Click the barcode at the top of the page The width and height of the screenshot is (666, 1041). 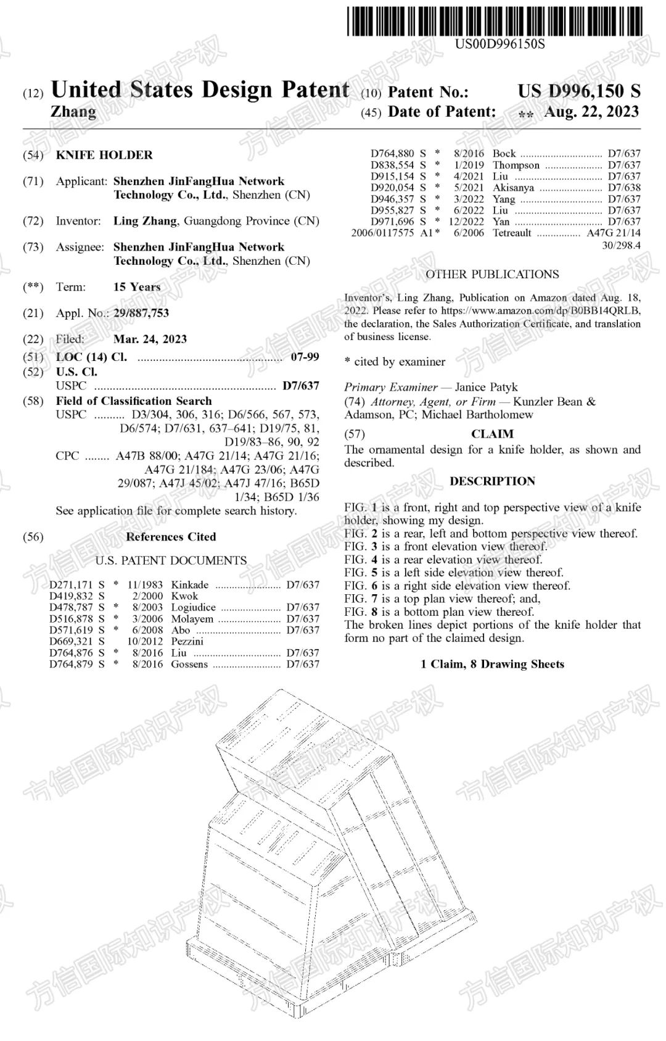[493, 20]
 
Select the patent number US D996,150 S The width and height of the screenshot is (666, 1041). [578, 91]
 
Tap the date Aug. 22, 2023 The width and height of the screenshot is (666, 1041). [591, 112]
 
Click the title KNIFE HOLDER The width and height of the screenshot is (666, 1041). [104, 155]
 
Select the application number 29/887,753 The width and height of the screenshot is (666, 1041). [141, 313]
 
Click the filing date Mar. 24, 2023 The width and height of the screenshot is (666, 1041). [150, 339]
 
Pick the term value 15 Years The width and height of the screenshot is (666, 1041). [137, 287]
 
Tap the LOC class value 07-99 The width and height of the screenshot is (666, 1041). [305, 357]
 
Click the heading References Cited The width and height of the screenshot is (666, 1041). [171, 537]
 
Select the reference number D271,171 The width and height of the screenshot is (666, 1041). [71, 585]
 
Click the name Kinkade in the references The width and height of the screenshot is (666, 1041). [190, 585]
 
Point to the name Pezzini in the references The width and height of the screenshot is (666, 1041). [187, 641]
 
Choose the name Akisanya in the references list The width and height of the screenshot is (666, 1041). [513, 188]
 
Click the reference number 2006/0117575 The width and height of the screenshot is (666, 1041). [382, 233]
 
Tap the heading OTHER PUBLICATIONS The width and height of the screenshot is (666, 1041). [492, 275]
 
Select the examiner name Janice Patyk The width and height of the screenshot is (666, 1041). [486, 388]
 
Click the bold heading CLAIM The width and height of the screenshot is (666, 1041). [492, 434]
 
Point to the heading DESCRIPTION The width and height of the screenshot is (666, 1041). [492, 481]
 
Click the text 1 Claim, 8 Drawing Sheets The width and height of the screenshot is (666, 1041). [492, 664]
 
